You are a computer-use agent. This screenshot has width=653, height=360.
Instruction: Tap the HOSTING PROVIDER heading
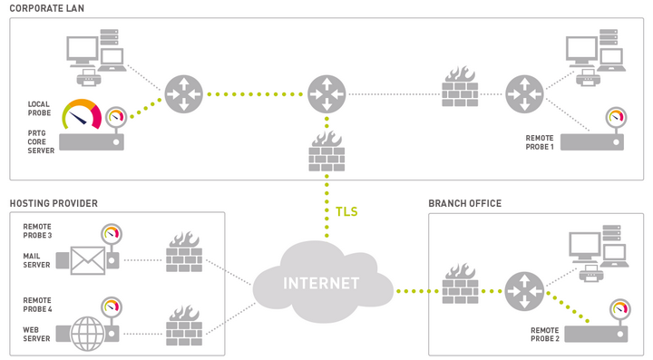(54, 203)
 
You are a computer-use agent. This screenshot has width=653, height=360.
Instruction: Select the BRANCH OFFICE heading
(464, 203)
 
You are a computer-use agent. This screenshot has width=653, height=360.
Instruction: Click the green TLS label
(346, 212)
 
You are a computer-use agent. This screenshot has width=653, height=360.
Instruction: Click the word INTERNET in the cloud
(321, 282)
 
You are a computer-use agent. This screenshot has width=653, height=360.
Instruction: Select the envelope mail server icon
(88, 261)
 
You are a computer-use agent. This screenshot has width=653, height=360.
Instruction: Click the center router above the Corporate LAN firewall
(326, 94)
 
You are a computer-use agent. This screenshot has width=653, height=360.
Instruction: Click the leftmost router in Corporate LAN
(182, 94)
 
